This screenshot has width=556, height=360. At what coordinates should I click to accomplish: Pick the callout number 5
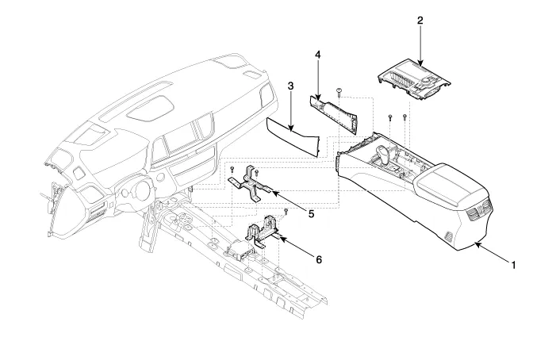(x=311, y=213)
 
